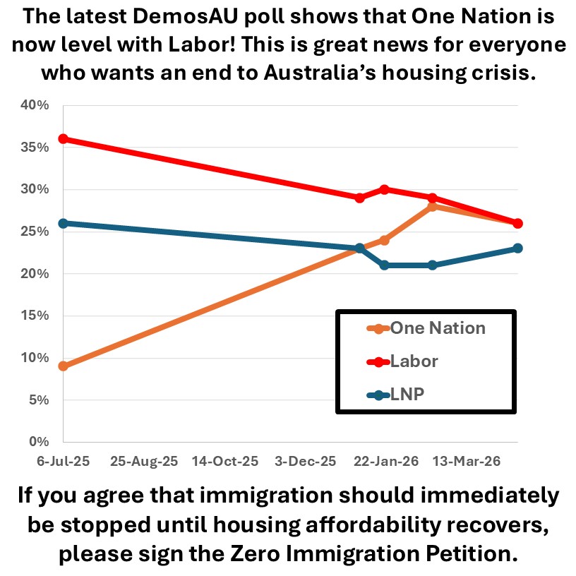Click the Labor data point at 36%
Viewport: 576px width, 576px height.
click(64, 138)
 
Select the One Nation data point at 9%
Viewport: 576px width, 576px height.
click(64, 366)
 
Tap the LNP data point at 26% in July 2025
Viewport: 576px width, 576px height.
click(64, 223)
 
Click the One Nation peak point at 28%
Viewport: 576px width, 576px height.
click(432, 206)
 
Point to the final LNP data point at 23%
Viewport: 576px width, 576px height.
click(517, 248)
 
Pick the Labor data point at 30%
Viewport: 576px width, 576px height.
click(384, 189)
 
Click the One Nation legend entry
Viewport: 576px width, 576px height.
click(426, 328)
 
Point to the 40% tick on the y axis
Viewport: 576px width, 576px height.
click(36, 105)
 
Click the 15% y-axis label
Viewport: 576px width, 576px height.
click(36, 316)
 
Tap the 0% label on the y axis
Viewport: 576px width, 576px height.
click(39, 442)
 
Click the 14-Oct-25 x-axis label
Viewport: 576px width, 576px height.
click(225, 461)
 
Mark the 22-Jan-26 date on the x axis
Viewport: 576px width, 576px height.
click(385, 461)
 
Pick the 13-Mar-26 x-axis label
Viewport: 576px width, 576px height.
click(466, 461)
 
